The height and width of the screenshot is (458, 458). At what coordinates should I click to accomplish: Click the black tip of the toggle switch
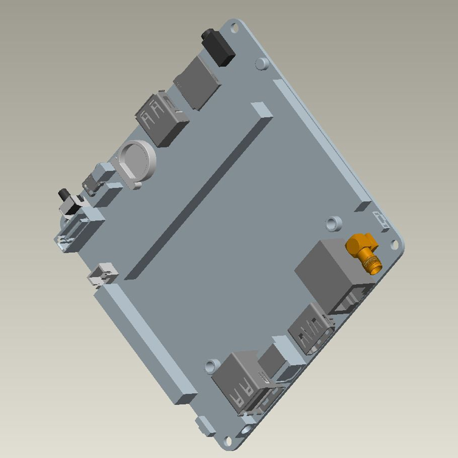click(63, 195)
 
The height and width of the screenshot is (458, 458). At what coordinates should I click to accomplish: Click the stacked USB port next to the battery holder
click(161, 119)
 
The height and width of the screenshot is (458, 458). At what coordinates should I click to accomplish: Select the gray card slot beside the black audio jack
click(197, 83)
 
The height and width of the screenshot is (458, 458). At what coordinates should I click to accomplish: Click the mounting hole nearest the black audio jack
click(234, 28)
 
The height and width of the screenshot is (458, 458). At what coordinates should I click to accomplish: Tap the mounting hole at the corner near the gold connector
click(394, 244)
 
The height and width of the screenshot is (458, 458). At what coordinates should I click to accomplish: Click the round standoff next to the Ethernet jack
click(333, 223)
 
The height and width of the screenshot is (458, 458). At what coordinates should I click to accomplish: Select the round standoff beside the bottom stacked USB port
click(213, 366)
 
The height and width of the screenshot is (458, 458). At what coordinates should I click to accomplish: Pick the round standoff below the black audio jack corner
click(262, 63)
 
